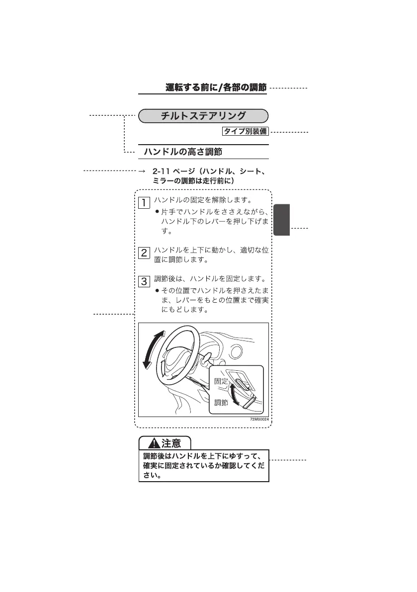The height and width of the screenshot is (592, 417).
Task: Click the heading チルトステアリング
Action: click(x=203, y=116)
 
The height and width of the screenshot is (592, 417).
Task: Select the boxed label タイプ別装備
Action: click(x=246, y=131)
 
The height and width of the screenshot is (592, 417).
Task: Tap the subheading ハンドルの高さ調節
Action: click(x=183, y=152)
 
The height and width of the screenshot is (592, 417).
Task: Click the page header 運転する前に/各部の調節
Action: click(x=216, y=87)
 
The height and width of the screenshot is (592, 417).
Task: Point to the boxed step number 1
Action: click(x=144, y=203)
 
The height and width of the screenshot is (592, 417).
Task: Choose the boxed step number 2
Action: click(x=144, y=253)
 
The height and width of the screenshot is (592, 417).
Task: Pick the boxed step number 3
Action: click(x=144, y=281)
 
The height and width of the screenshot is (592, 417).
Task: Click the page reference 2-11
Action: click(x=161, y=171)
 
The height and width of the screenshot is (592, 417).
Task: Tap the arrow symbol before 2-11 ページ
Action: click(x=142, y=171)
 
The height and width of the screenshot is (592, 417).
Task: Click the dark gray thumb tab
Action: click(x=281, y=220)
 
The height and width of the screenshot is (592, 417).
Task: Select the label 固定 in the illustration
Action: click(x=221, y=381)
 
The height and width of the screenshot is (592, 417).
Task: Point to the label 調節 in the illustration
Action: click(x=221, y=403)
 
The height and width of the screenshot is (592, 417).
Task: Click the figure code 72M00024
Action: click(x=259, y=420)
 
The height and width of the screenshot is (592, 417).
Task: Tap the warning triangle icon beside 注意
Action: click(x=154, y=443)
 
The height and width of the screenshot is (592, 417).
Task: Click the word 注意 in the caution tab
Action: click(x=171, y=443)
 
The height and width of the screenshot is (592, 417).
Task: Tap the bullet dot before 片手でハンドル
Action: click(x=158, y=212)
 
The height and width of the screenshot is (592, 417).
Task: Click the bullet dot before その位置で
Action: click(x=158, y=291)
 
